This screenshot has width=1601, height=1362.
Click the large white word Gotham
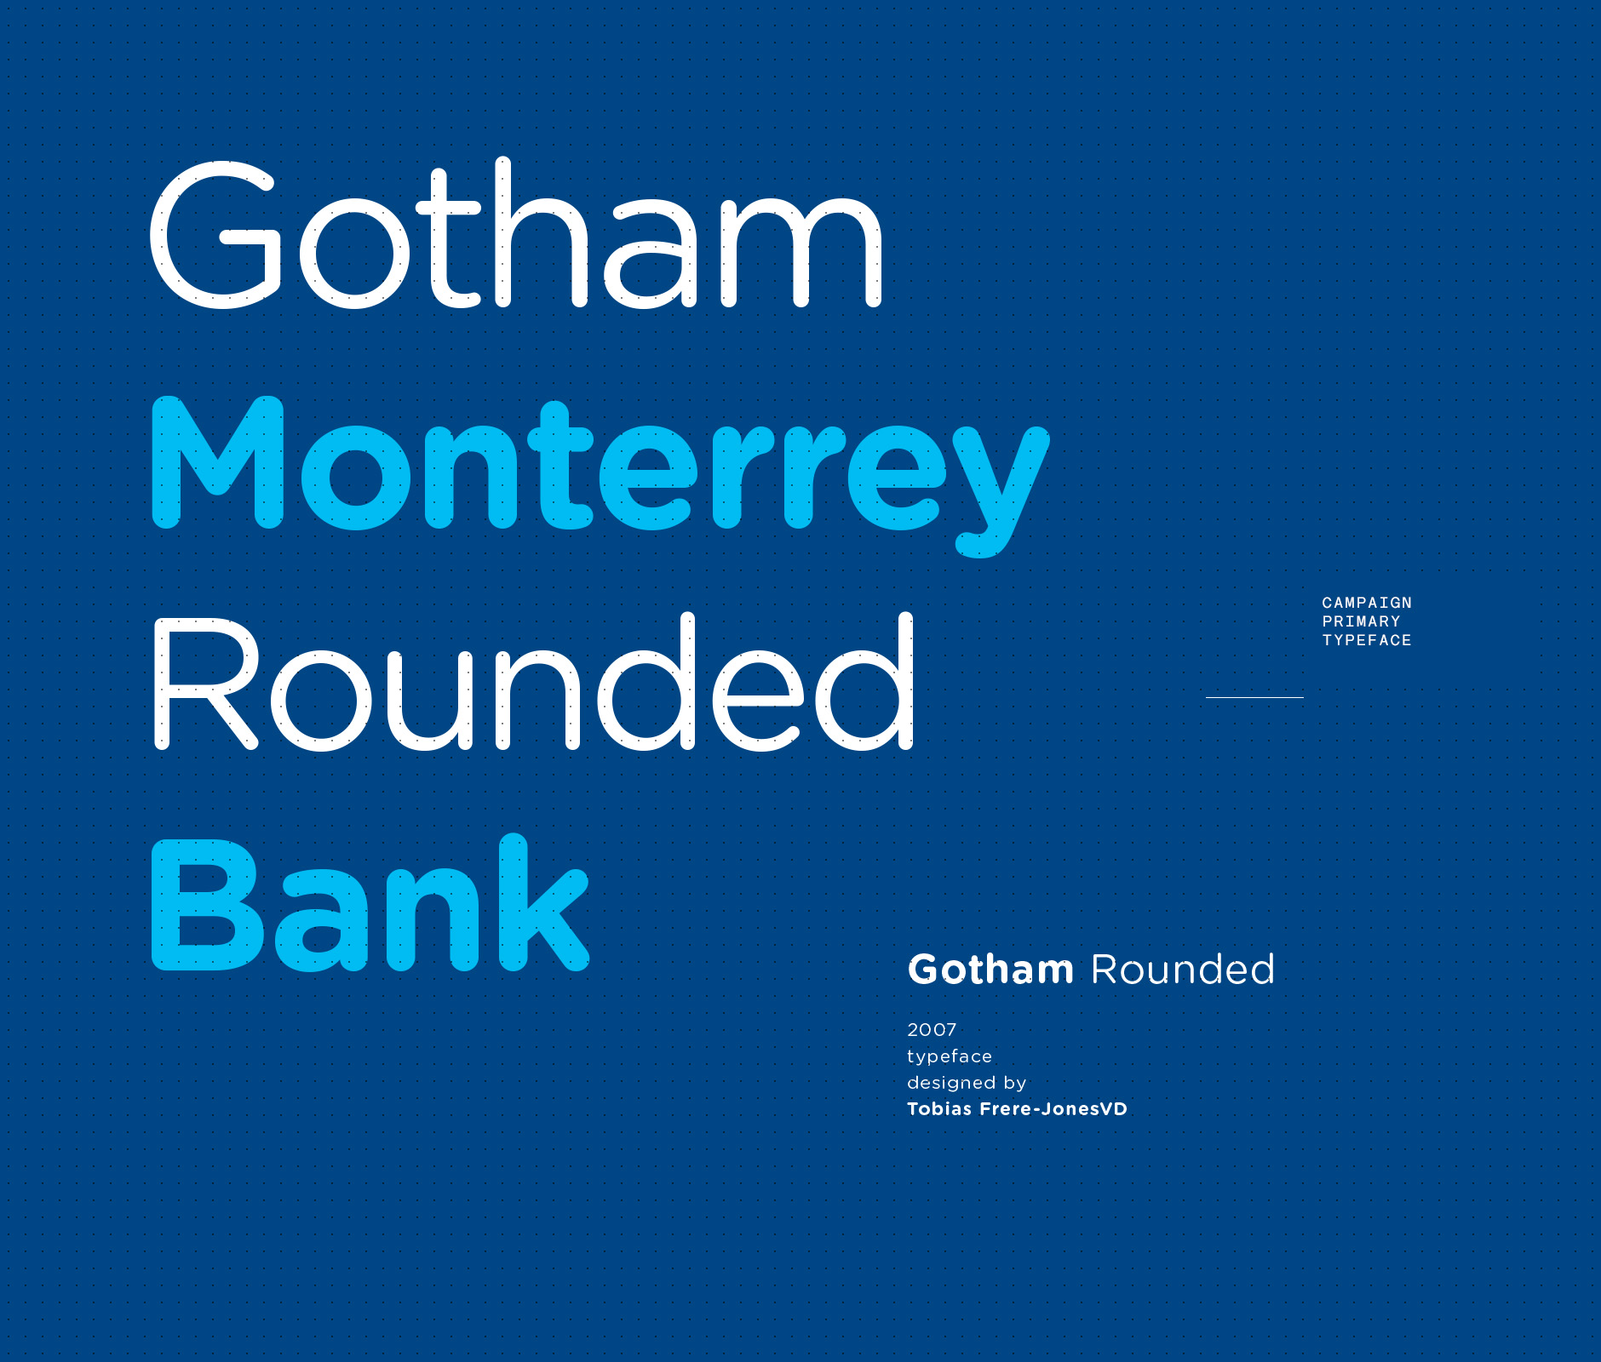pyautogui.click(x=516, y=234)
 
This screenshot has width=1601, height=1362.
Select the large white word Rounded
pyautogui.click(x=533, y=684)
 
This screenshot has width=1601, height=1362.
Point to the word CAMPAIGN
pyautogui.click(x=1367, y=603)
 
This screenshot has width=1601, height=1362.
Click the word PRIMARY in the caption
pyautogui.click(x=1361, y=621)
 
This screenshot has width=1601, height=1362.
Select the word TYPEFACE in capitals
pyautogui.click(x=1367, y=640)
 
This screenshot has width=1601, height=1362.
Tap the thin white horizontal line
pyautogui.click(x=1254, y=697)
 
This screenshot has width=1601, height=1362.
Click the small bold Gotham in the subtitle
pyautogui.click(x=990, y=970)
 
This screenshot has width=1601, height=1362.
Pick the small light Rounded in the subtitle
pyautogui.click(x=1183, y=970)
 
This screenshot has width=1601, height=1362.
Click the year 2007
pyautogui.click(x=932, y=1030)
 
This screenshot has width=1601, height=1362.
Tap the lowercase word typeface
pyautogui.click(x=950, y=1056)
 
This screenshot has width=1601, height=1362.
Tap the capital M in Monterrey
pyautogui.click(x=218, y=464)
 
